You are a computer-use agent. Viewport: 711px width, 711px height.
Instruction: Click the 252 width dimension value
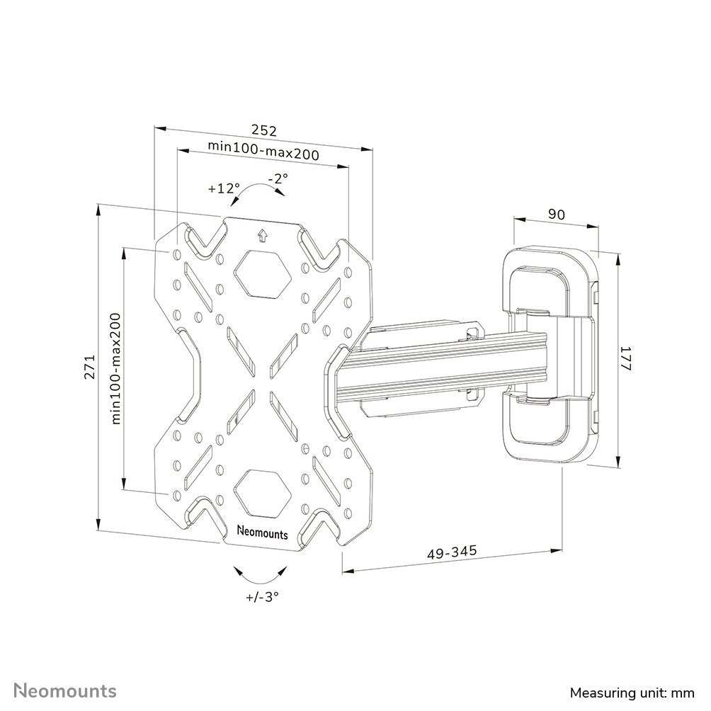(263, 130)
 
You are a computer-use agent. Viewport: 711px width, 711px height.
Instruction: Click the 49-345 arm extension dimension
(452, 550)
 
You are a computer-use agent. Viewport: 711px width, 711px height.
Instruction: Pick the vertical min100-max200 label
(116, 368)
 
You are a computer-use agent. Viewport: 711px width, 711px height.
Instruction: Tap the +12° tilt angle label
(224, 189)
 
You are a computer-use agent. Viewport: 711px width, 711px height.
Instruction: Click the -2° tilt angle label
(277, 179)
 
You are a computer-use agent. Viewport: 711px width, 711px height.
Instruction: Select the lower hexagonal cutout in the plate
(262, 491)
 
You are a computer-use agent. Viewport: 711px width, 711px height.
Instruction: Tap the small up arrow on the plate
(263, 234)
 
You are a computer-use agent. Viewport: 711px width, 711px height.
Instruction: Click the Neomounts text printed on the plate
(262, 533)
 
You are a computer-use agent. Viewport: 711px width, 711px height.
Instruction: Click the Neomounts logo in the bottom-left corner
(67, 690)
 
